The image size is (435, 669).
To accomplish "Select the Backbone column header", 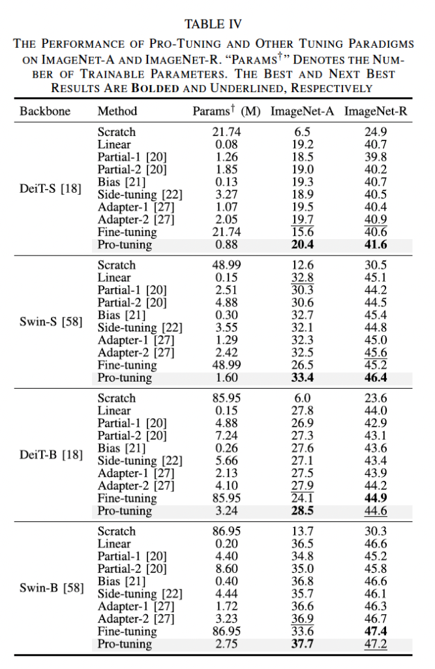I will tap(44, 111).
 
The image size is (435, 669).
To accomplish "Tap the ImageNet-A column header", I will tap(302, 111).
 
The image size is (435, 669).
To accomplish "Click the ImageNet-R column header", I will tap(376, 111).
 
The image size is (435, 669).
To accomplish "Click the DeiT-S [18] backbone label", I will tap(51, 189).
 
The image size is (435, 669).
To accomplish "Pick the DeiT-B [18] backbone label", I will tap(51, 455).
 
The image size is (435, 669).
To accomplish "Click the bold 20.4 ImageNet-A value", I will tap(302, 245).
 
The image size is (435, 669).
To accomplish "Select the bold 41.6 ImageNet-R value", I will tap(376, 245).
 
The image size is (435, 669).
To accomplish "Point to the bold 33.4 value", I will tap(302, 378).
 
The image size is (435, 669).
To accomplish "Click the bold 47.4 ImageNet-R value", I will tap(376, 632).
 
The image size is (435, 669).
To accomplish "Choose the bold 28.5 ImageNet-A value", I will tap(302, 511).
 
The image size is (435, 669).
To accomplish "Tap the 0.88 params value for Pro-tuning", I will tap(226, 245).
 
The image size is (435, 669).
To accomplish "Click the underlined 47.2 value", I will tap(376, 644).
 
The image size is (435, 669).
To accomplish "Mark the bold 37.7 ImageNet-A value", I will tap(302, 644).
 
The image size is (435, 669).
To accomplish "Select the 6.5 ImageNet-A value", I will tap(302, 132).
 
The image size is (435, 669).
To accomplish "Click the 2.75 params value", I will tap(226, 644).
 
